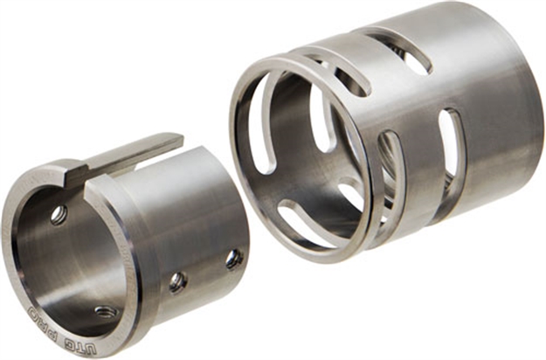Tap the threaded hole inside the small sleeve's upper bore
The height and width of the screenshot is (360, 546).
click(59, 214)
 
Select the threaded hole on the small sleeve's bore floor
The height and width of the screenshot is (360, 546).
click(105, 311)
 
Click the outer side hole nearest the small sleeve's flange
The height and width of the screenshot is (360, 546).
click(178, 281)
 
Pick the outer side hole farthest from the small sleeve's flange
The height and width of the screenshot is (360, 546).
click(233, 259)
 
